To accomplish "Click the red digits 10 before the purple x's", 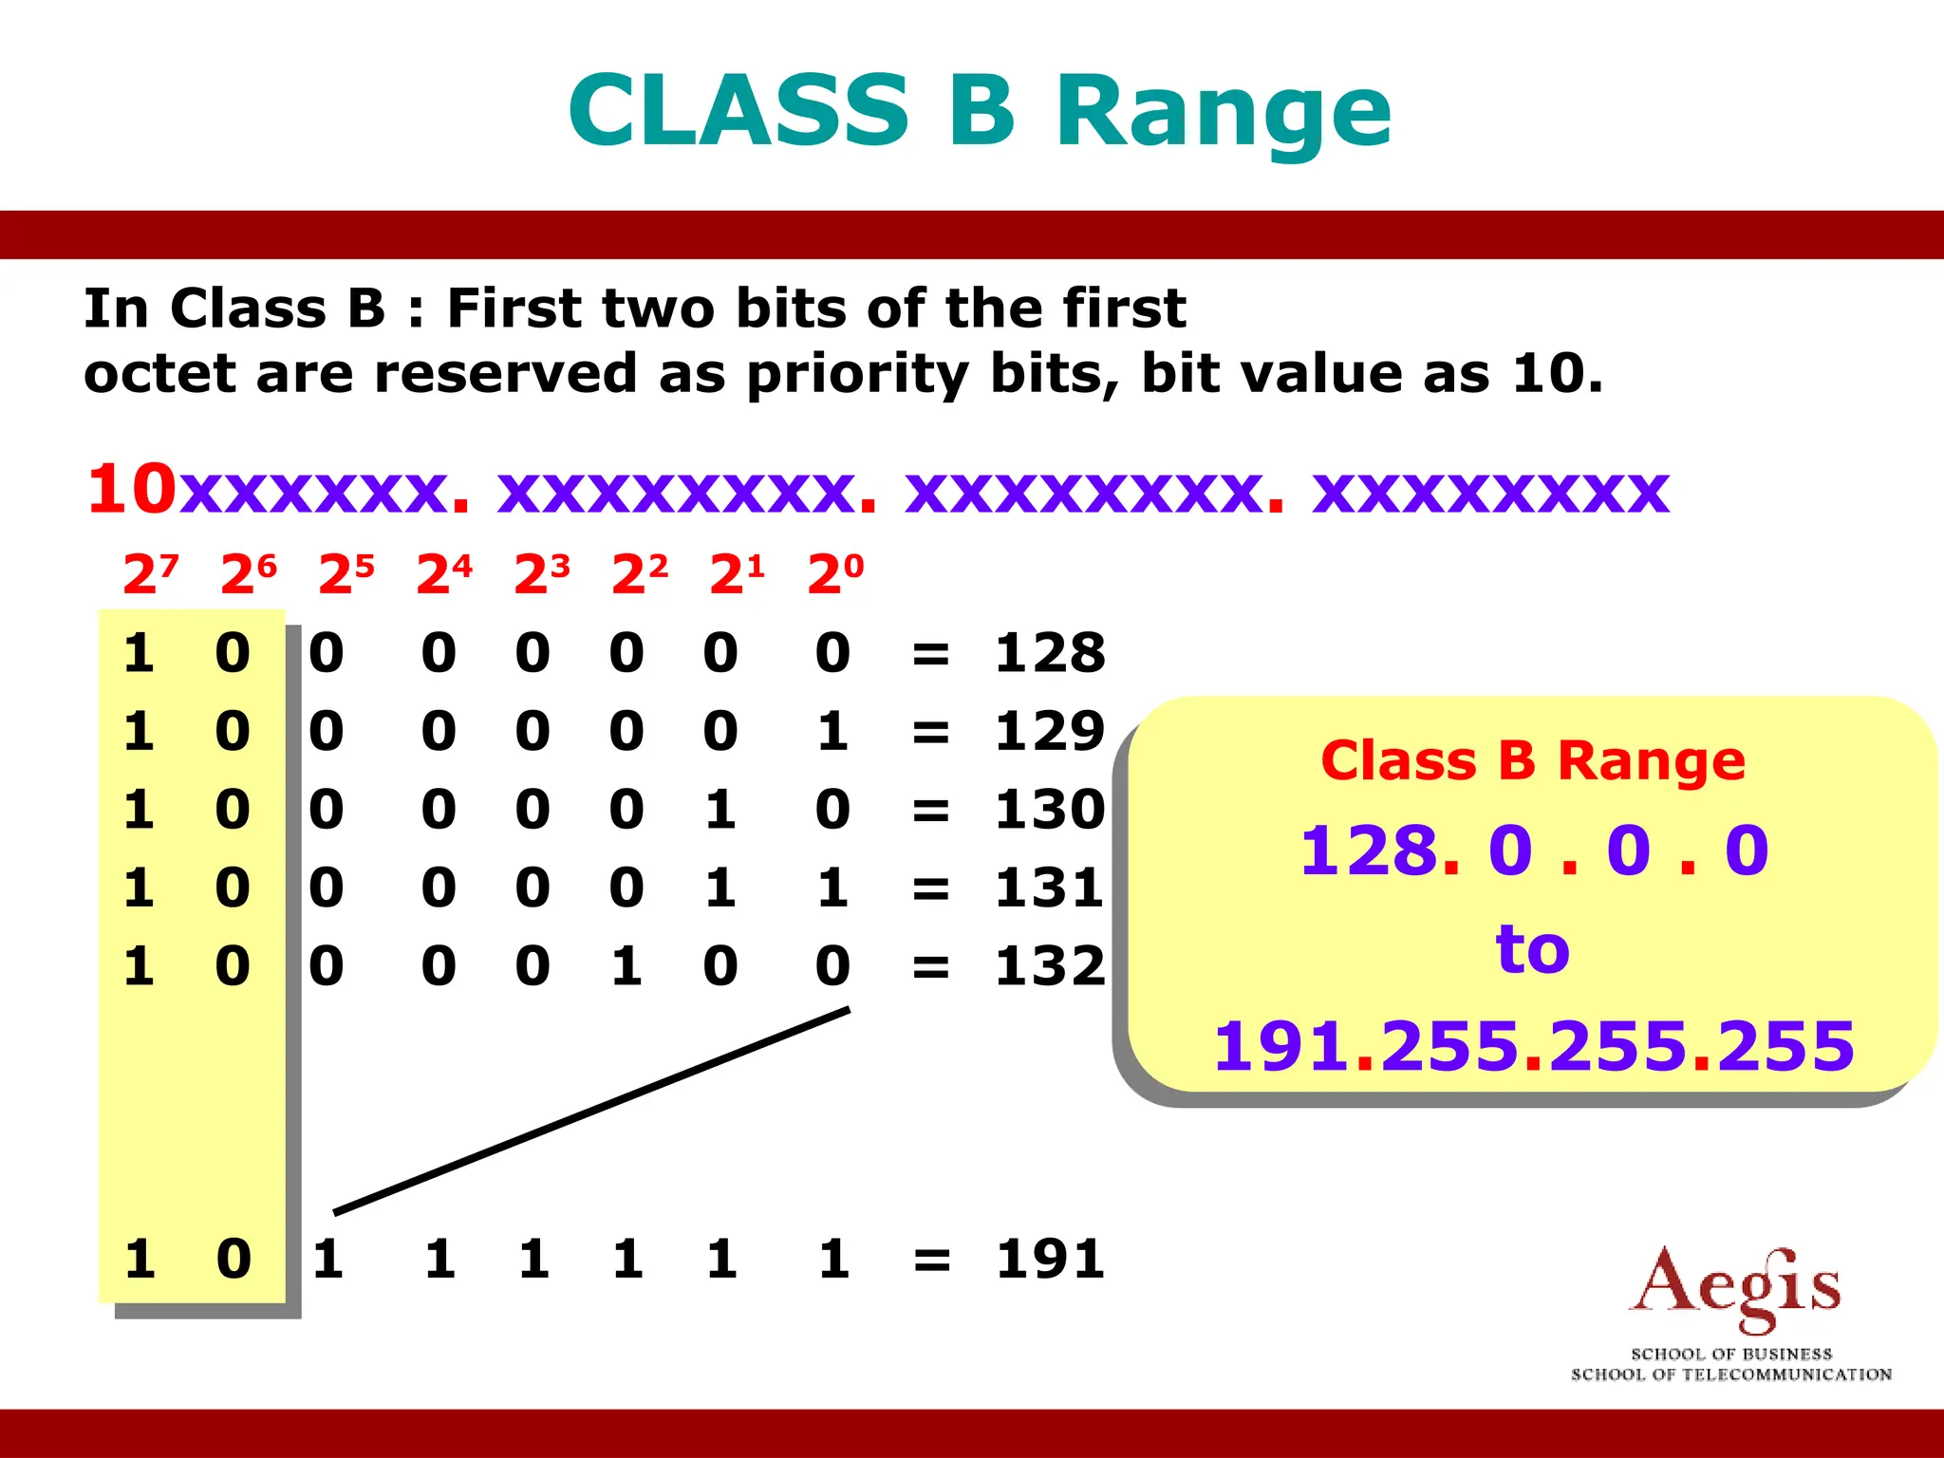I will tap(132, 490).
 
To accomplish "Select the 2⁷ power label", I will tap(150, 574).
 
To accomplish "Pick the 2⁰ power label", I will tap(835, 574).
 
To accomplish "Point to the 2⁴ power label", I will tap(444, 574).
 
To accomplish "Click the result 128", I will tap(1050, 653).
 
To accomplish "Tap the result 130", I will tap(1050, 810).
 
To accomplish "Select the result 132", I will tap(1050, 966).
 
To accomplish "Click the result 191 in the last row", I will tap(1050, 1260).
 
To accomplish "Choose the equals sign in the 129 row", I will tap(930, 733).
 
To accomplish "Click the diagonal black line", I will tap(591, 1111).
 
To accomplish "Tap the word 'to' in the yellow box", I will tap(1532, 948).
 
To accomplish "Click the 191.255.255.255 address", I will tap(1533, 1046).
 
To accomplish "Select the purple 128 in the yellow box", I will tap(1368, 850).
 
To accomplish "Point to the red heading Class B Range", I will tap(1532, 761).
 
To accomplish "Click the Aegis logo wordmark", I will tap(1734, 1289).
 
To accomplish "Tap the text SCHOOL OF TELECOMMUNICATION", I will tap(1730, 1374).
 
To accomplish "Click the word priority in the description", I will tap(856, 374).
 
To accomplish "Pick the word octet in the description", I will tap(159, 374).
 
